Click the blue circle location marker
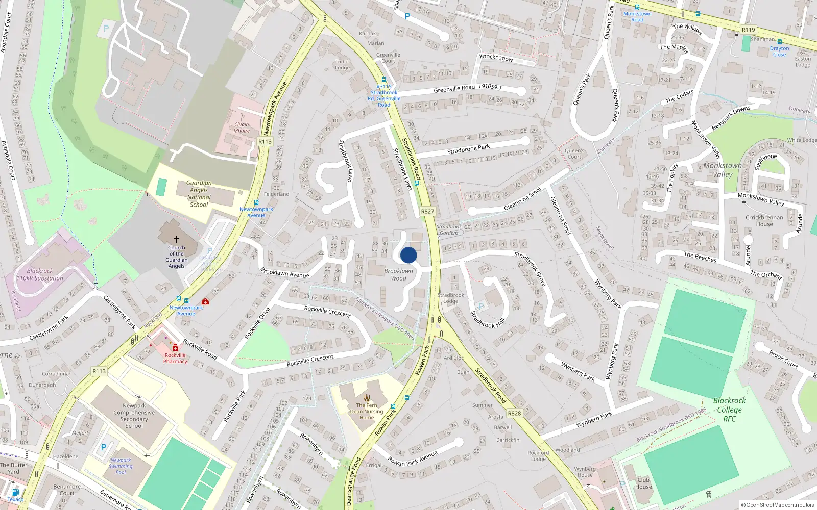click(408, 255)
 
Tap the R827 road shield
click(427, 211)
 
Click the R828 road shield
click(514, 413)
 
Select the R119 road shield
click(748, 30)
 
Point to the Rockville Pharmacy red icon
click(175, 347)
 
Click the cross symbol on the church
click(177, 239)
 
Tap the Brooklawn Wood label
click(399, 274)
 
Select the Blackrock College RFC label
click(729, 410)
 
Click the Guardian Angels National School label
click(199, 194)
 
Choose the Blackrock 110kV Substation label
click(40, 275)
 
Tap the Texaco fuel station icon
click(15, 492)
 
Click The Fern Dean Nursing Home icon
click(367, 398)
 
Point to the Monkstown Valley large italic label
click(723, 170)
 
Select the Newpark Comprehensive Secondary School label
click(134, 416)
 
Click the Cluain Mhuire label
click(242, 127)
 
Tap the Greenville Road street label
click(454, 89)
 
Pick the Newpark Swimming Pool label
click(121, 466)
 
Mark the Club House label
click(643, 483)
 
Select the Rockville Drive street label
click(257, 323)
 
